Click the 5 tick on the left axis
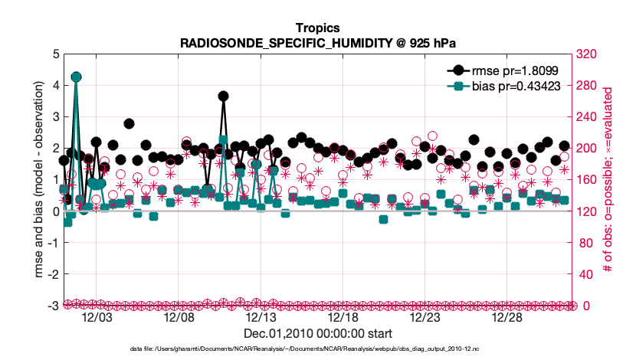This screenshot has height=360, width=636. click(54, 54)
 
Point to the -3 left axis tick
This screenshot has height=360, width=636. click(53, 306)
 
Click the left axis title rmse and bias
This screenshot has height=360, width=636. click(38, 180)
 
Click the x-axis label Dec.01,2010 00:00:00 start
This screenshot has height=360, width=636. click(317, 334)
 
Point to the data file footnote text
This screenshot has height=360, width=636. click(317, 349)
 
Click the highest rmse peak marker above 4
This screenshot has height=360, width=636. click(76, 77)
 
